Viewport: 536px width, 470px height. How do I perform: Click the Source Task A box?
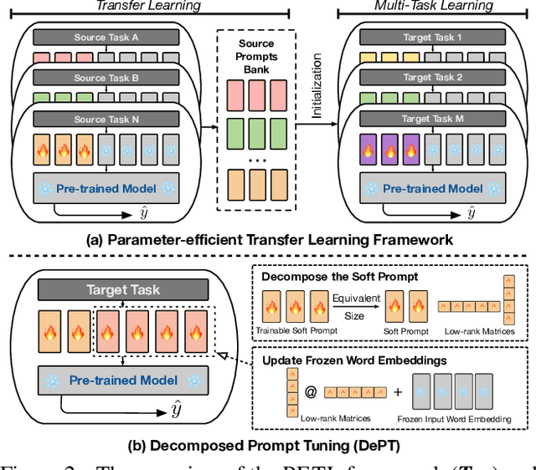coord(107,38)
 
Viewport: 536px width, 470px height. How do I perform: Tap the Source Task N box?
coord(107,118)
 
